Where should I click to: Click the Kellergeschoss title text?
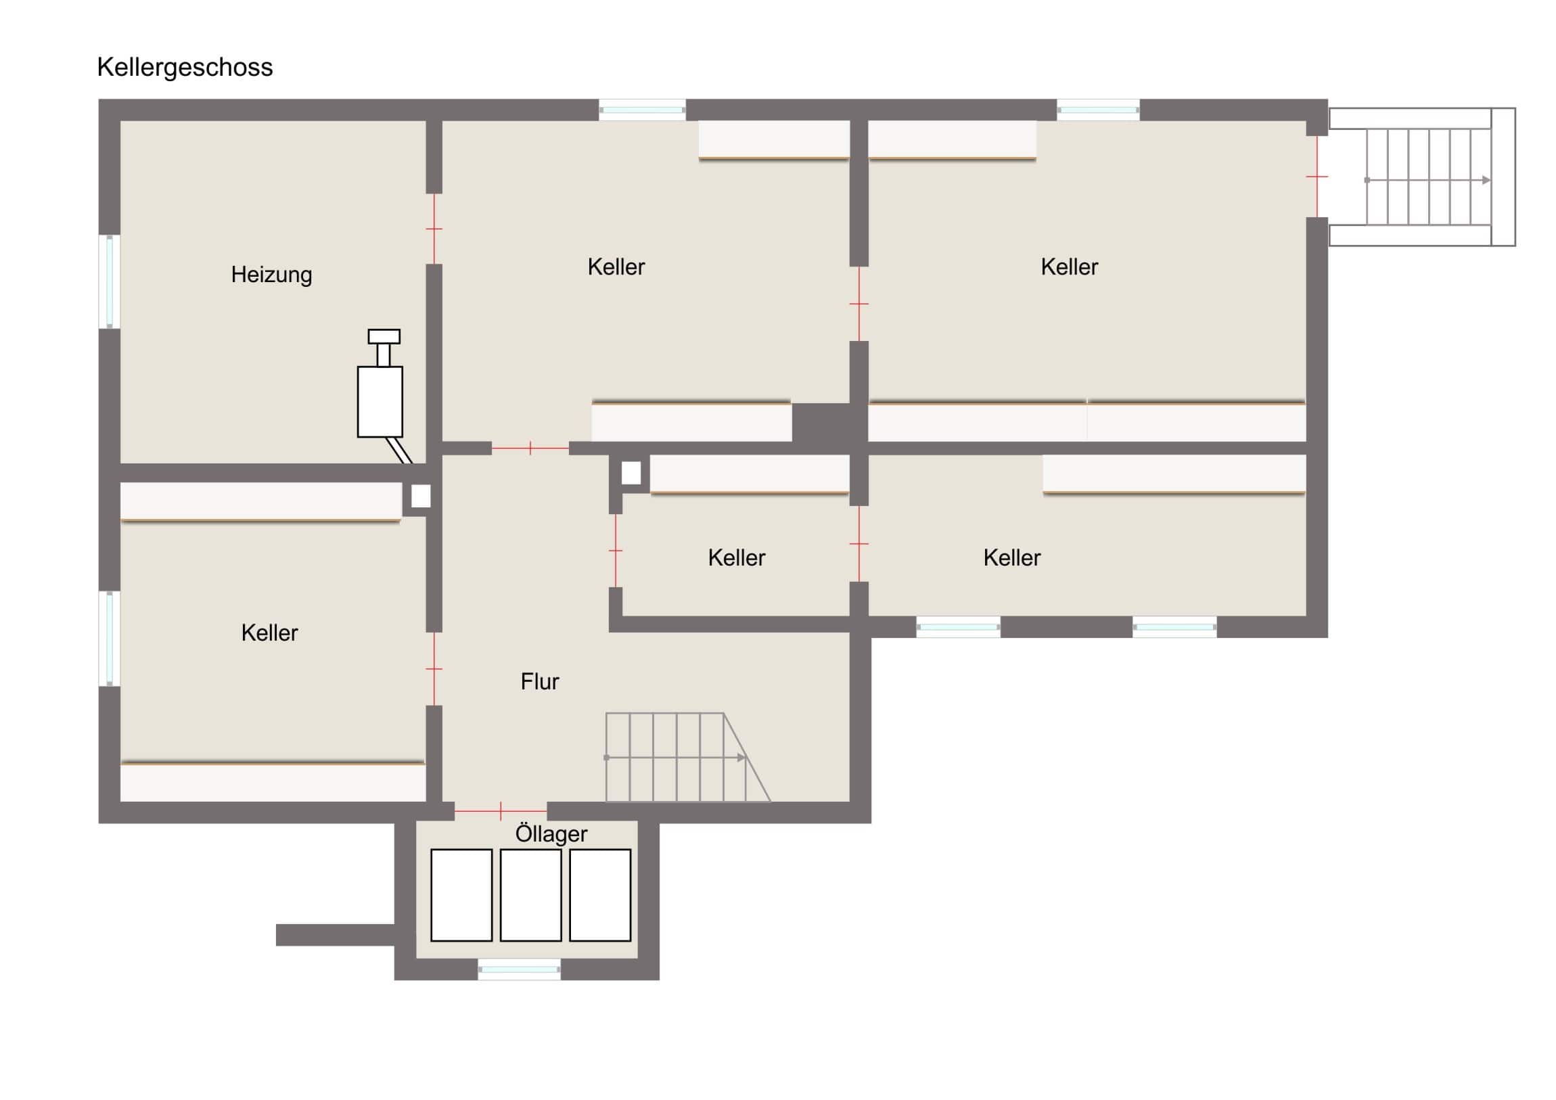[x=185, y=67]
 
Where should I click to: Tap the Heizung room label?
[x=271, y=275]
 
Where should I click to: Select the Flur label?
[x=539, y=681]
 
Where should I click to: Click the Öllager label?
[x=551, y=833]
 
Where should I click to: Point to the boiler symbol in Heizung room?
[x=380, y=396]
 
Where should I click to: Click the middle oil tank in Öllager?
[x=530, y=895]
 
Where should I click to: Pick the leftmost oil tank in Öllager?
[x=461, y=895]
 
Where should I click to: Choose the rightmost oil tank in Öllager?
[x=601, y=895]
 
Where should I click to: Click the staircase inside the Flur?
[x=687, y=757]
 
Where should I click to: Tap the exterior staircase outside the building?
[x=1422, y=177]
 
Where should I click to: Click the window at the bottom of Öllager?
[x=519, y=969]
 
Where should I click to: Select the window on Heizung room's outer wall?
[x=110, y=281]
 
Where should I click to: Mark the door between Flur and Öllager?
[x=501, y=810]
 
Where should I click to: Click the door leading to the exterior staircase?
[x=1317, y=176]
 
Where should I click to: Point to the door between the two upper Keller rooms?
[x=859, y=304]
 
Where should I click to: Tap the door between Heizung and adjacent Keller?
[x=434, y=229]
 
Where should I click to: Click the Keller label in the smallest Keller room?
[x=737, y=558]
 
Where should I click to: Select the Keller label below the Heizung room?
[x=269, y=633]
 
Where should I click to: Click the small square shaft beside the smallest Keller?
[x=631, y=473]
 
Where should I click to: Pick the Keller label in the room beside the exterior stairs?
[x=1070, y=267]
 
